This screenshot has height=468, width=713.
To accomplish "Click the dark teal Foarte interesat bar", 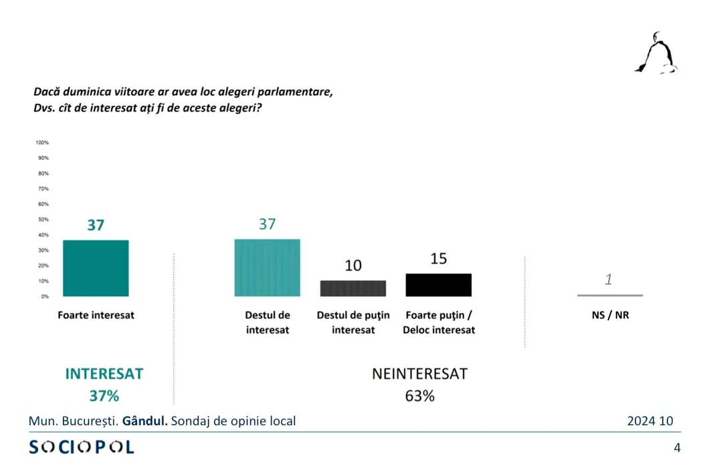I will pyautogui.click(x=96, y=267).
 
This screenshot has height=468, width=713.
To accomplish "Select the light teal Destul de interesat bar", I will pyautogui.click(x=267, y=267).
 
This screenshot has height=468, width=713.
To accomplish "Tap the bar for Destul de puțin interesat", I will pyautogui.click(x=353, y=288).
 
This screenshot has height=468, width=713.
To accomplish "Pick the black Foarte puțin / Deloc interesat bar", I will pyautogui.click(x=439, y=285).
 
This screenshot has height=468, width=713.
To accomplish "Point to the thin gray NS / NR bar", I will pyautogui.click(x=609, y=295).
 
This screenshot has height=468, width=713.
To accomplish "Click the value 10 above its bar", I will pyautogui.click(x=353, y=265).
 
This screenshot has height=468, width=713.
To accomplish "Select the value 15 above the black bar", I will pyautogui.click(x=439, y=258).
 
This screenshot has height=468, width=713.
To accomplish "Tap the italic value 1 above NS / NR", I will pyautogui.click(x=609, y=279).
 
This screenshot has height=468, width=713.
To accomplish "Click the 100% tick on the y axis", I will pyautogui.click(x=41, y=142).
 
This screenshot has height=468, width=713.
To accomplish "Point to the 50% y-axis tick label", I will pyautogui.click(x=43, y=219).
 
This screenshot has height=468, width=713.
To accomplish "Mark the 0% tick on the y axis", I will pyautogui.click(x=44, y=296).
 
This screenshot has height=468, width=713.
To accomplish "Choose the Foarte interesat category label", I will pyautogui.click(x=96, y=315).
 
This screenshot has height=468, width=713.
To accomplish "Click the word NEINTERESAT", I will pyautogui.click(x=419, y=374).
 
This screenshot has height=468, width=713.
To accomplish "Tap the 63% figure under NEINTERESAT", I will pyautogui.click(x=419, y=396).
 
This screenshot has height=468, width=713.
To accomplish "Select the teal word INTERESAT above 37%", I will pyautogui.click(x=104, y=374).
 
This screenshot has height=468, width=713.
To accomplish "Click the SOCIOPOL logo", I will pyautogui.click(x=82, y=447).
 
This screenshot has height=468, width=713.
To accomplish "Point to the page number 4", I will pyautogui.click(x=677, y=447).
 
